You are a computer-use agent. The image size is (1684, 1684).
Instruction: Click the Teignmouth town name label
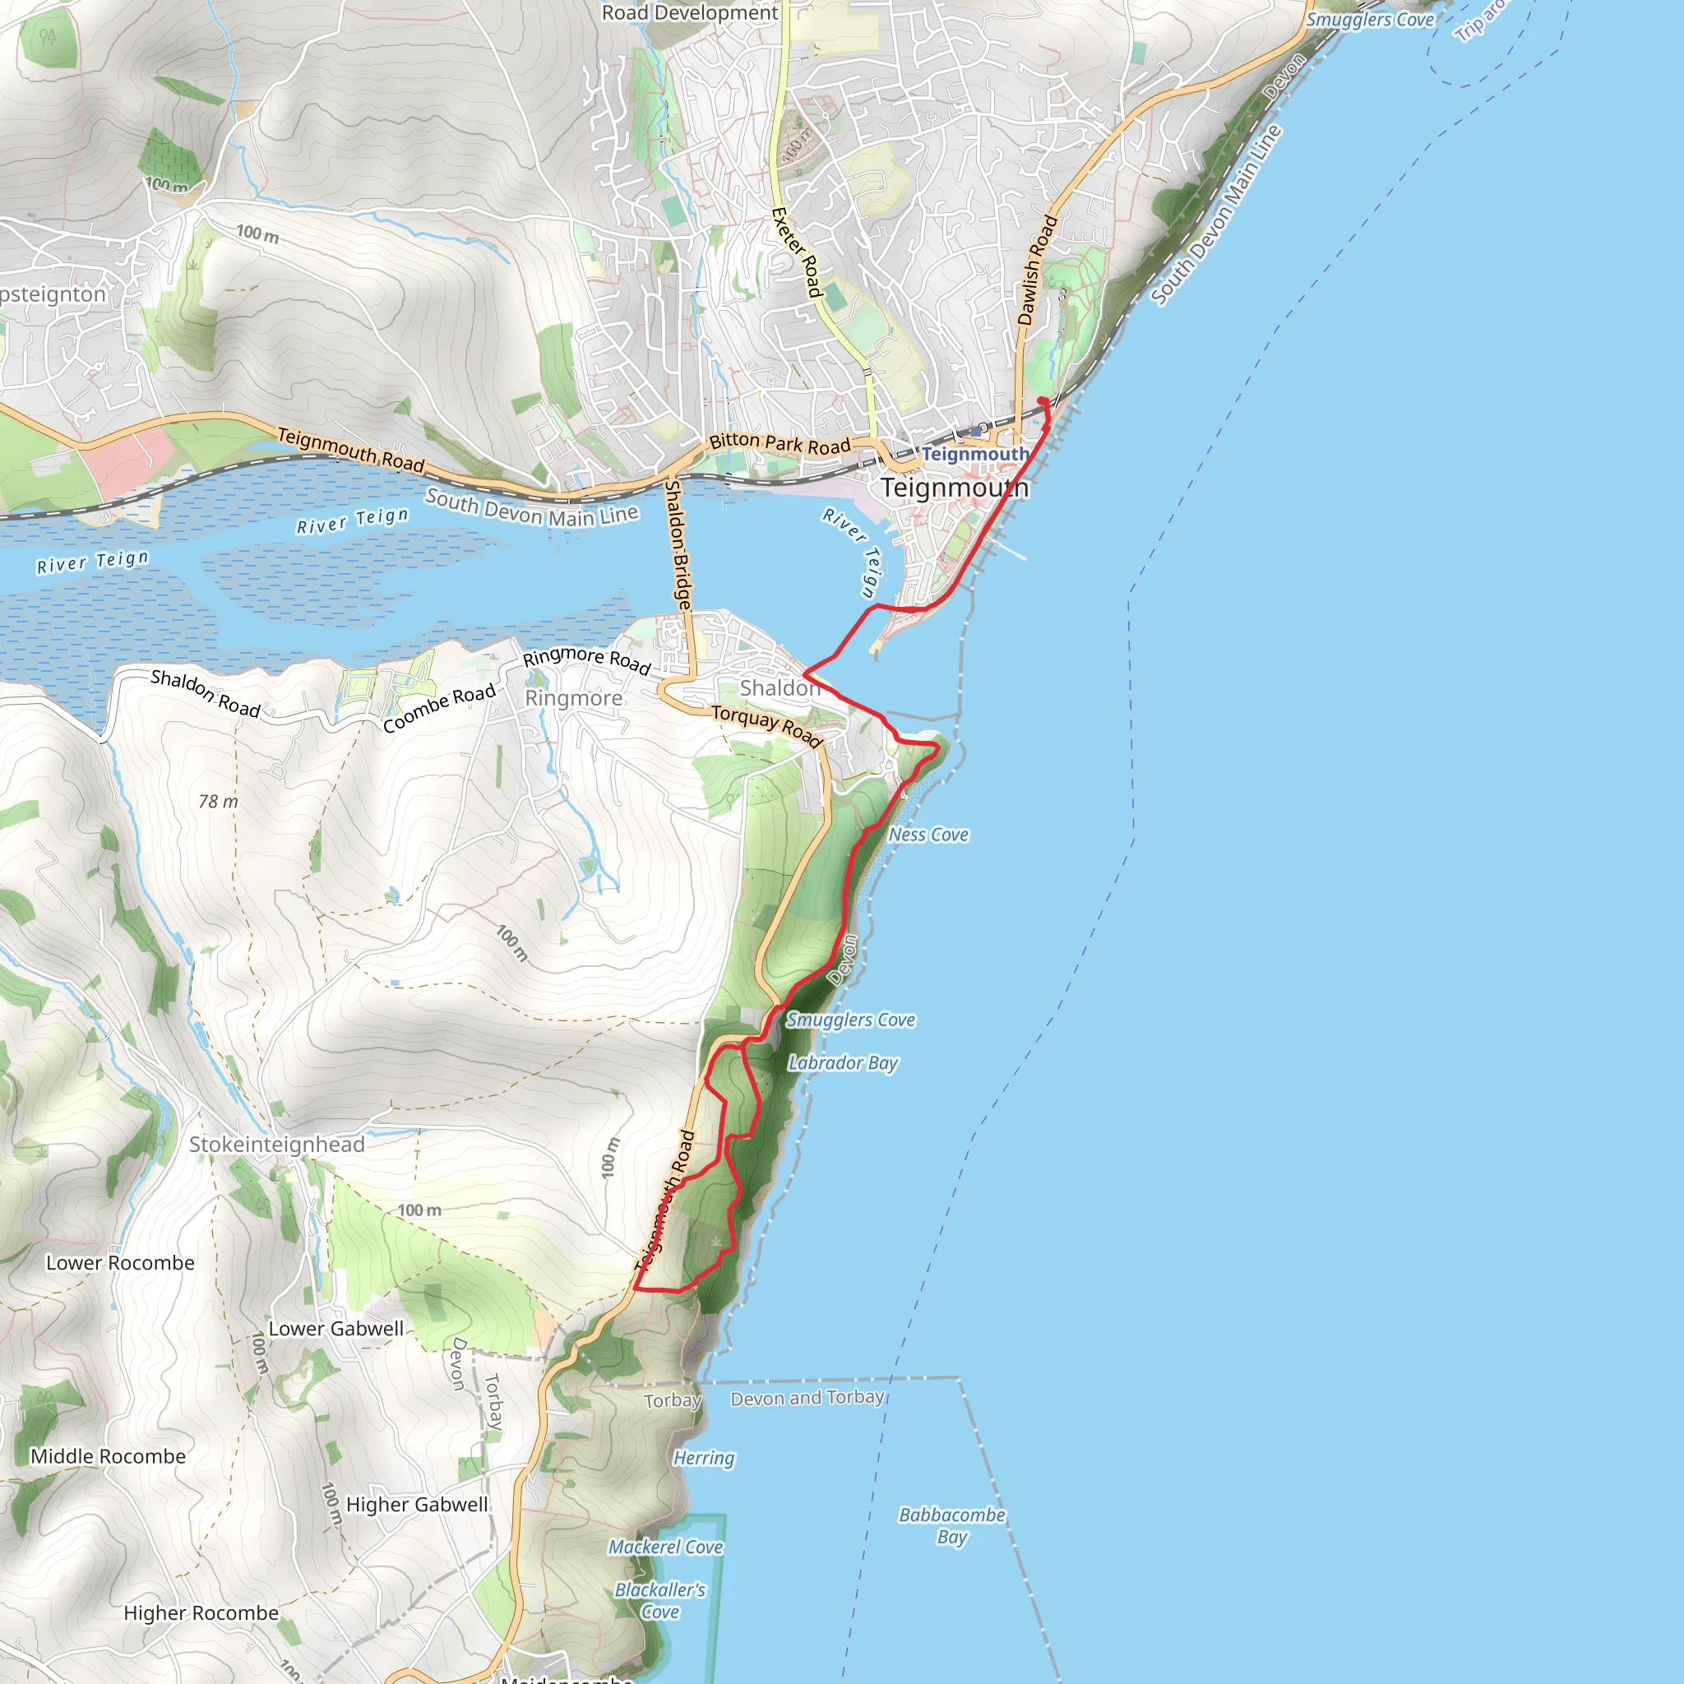pyautogui.click(x=955, y=488)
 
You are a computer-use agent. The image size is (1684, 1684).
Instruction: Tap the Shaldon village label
pyautogui.click(x=780, y=687)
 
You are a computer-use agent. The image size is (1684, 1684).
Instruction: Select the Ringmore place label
pyautogui.click(x=574, y=698)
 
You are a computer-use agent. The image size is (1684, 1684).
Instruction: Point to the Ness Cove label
pyautogui.click(x=928, y=835)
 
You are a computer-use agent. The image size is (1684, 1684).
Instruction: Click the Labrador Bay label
pyautogui.click(x=842, y=1062)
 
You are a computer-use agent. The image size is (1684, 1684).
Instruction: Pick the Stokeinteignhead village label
pyautogui.click(x=277, y=1145)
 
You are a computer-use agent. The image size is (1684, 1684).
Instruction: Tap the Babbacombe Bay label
pyautogui.click(x=952, y=1525)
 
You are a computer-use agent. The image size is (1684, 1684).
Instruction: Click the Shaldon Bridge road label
pyautogui.click(x=678, y=545)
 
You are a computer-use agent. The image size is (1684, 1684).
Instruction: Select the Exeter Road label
pyautogui.click(x=797, y=252)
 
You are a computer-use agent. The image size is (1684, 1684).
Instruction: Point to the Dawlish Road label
pyautogui.click(x=1037, y=271)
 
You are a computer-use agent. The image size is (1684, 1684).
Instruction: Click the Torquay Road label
pyautogui.click(x=767, y=726)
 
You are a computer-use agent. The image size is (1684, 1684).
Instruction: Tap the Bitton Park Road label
pyautogui.click(x=780, y=444)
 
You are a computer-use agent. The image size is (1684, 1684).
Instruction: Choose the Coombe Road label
pyautogui.click(x=439, y=708)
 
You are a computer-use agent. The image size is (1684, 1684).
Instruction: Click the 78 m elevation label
pyautogui.click(x=218, y=801)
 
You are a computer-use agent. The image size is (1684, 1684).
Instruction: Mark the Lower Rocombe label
pyautogui.click(x=120, y=1263)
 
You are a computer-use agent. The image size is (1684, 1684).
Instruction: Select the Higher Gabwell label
pyautogui.click(x=417, y=1505)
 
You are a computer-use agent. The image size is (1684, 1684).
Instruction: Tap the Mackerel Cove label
pyautogui.click(x=666, y=1548)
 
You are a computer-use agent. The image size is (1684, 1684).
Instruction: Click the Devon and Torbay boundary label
pyautogui.click(x=807, y=1398)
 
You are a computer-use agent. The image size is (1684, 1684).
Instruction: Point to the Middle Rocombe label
pyautogui.click(x=108, y=1456)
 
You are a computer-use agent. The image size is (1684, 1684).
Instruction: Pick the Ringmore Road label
pyautogui.click(x=586, y=659)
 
